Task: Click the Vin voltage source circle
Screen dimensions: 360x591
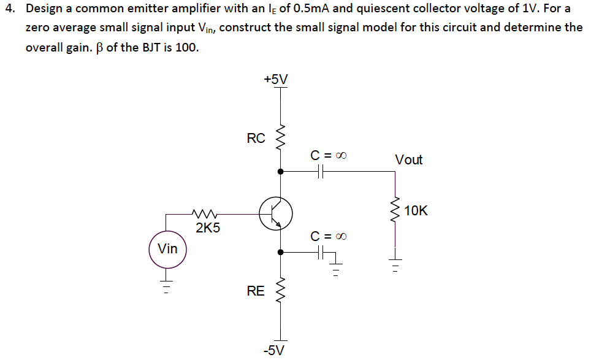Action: click(x=167, y=249)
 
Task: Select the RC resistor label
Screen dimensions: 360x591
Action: click(x=256, y=139)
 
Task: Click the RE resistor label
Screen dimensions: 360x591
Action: click(x=256, y=291)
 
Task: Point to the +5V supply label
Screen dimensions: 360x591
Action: click(x=275, y=79)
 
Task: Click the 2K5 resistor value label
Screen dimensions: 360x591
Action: click(x=208, y=229)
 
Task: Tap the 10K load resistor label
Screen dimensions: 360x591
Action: click(x=416, y=211)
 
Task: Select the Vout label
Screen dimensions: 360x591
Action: click(x=408, y=160)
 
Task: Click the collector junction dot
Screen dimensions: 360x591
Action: click(x=281, y=172)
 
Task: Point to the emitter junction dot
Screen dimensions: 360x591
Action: click(x=281, y=251)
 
